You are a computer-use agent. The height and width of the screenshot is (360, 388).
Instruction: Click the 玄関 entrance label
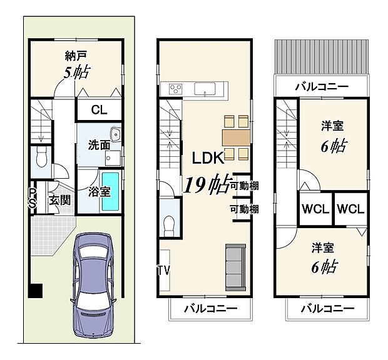59,201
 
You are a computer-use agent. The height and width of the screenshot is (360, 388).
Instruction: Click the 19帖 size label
205,185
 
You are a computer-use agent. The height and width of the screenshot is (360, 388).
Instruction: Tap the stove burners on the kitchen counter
173,88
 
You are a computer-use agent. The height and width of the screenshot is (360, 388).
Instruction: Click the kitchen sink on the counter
204,88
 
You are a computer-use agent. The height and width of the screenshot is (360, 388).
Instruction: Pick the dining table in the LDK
235,136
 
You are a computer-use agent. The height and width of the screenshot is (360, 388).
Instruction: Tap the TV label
163,270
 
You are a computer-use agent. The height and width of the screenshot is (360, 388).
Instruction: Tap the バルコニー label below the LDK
210,309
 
